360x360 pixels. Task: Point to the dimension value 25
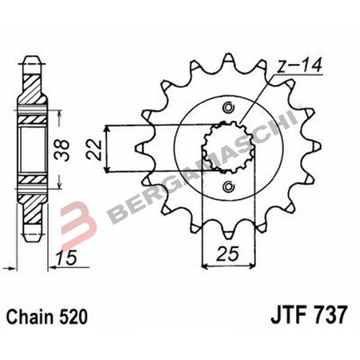[x=230, y=258]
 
